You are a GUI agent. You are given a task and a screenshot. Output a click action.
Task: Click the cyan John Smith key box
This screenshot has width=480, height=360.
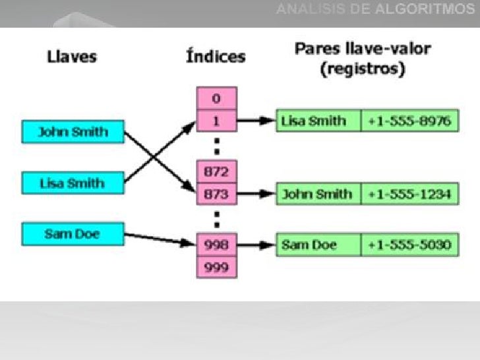pos(73,131)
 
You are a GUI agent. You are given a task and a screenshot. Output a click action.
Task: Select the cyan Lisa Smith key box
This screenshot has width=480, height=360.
pos(73,182)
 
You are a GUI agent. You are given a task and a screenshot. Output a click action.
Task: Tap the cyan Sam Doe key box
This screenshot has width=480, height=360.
pos(73,233)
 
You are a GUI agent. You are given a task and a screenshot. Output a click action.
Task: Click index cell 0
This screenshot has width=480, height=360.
pos(216,100)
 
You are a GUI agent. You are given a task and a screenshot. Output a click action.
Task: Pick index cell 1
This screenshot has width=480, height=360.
pos(216,121)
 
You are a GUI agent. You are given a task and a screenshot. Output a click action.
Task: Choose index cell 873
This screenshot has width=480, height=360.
pos(216,194)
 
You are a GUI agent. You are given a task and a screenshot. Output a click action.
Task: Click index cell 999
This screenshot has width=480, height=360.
pos(216,266)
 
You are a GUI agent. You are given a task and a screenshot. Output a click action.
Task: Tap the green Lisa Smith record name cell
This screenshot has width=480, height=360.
pos(318,121)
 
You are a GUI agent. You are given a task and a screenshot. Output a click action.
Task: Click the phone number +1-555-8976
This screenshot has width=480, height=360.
pos(409,121)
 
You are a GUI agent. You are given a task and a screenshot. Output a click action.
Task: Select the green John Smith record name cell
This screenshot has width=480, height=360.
pos(318,195)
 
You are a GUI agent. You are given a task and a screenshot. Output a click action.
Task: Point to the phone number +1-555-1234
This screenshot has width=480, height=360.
pos(409,195)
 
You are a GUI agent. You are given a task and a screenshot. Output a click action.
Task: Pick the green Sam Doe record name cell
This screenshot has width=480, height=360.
pos(318,245)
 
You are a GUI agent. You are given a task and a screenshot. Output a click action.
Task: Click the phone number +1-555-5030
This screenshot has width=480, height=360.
pos(409,245)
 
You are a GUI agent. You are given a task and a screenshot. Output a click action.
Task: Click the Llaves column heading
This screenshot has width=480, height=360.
pos(72,56)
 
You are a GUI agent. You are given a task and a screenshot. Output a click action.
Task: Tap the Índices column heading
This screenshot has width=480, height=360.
pos(216,56)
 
